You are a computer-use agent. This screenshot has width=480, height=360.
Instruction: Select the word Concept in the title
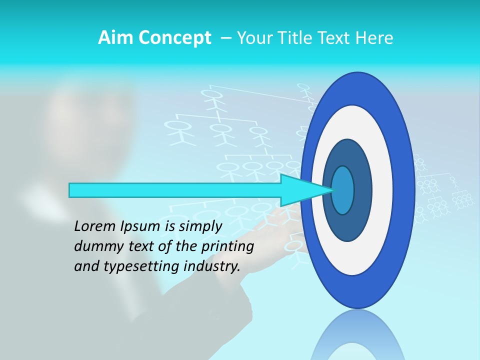click(x=174, y=38)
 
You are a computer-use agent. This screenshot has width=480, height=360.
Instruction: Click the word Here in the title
click(x=374, y=38)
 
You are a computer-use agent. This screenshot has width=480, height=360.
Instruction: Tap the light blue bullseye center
click(x=343, y=190)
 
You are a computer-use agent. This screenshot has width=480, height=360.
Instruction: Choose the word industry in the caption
click(x=211, y=266)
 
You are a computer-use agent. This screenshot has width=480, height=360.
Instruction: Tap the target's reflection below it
click(x=358, y=340)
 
